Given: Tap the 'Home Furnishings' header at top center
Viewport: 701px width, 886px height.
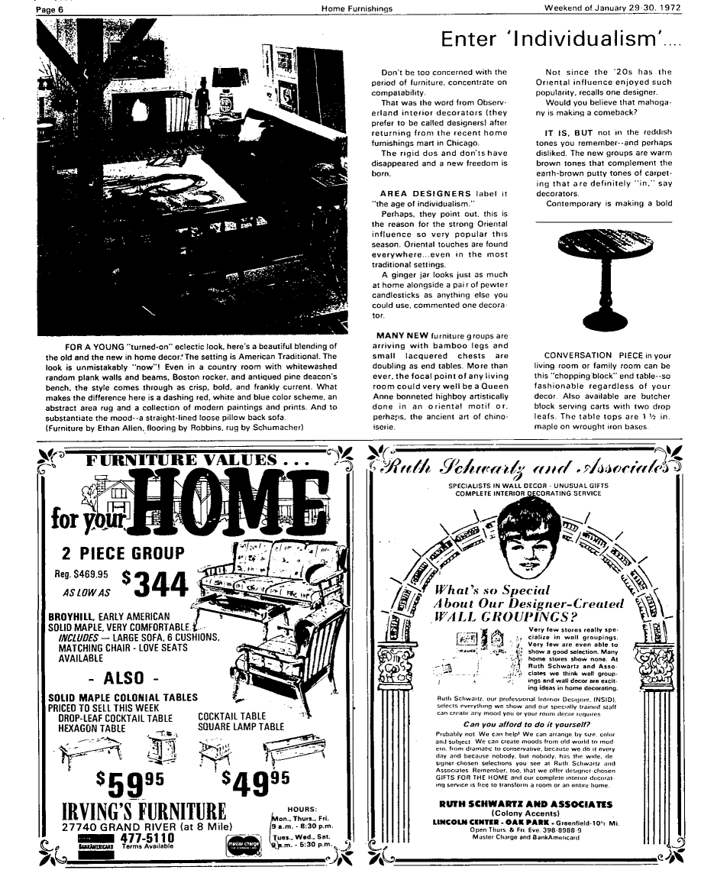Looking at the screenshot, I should (x=357, y=8).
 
